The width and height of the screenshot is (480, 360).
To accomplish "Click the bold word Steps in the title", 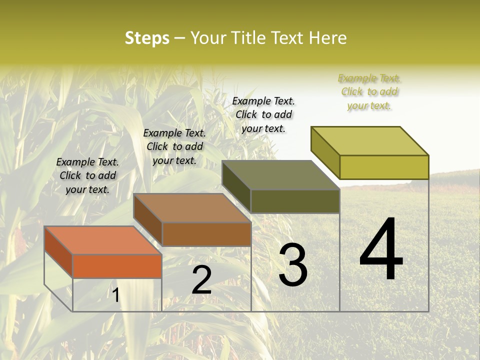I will click(147, 38).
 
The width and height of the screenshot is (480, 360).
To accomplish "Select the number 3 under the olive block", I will click(292, 265).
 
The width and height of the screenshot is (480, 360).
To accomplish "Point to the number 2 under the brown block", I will click(201, 280).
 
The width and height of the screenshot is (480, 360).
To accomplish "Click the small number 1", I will click(115, 295).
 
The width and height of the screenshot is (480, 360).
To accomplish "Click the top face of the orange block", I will click(102, 240).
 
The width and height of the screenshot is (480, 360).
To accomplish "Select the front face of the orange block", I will click(117, 266).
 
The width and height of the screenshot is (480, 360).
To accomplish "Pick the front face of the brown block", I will click(206, 234).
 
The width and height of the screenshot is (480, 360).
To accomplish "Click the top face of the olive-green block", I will click(280, 175).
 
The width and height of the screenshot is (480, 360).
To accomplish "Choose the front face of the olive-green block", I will click(295, 201).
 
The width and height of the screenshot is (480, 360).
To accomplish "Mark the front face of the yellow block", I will click(384, 167).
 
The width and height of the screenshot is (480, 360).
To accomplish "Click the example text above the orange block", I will click(87, 175).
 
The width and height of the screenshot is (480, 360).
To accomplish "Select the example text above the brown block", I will click(174, 146).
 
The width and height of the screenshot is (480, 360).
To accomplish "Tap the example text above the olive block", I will click(263, 114).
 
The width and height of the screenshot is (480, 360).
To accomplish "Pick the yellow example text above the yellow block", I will click(369, 91).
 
